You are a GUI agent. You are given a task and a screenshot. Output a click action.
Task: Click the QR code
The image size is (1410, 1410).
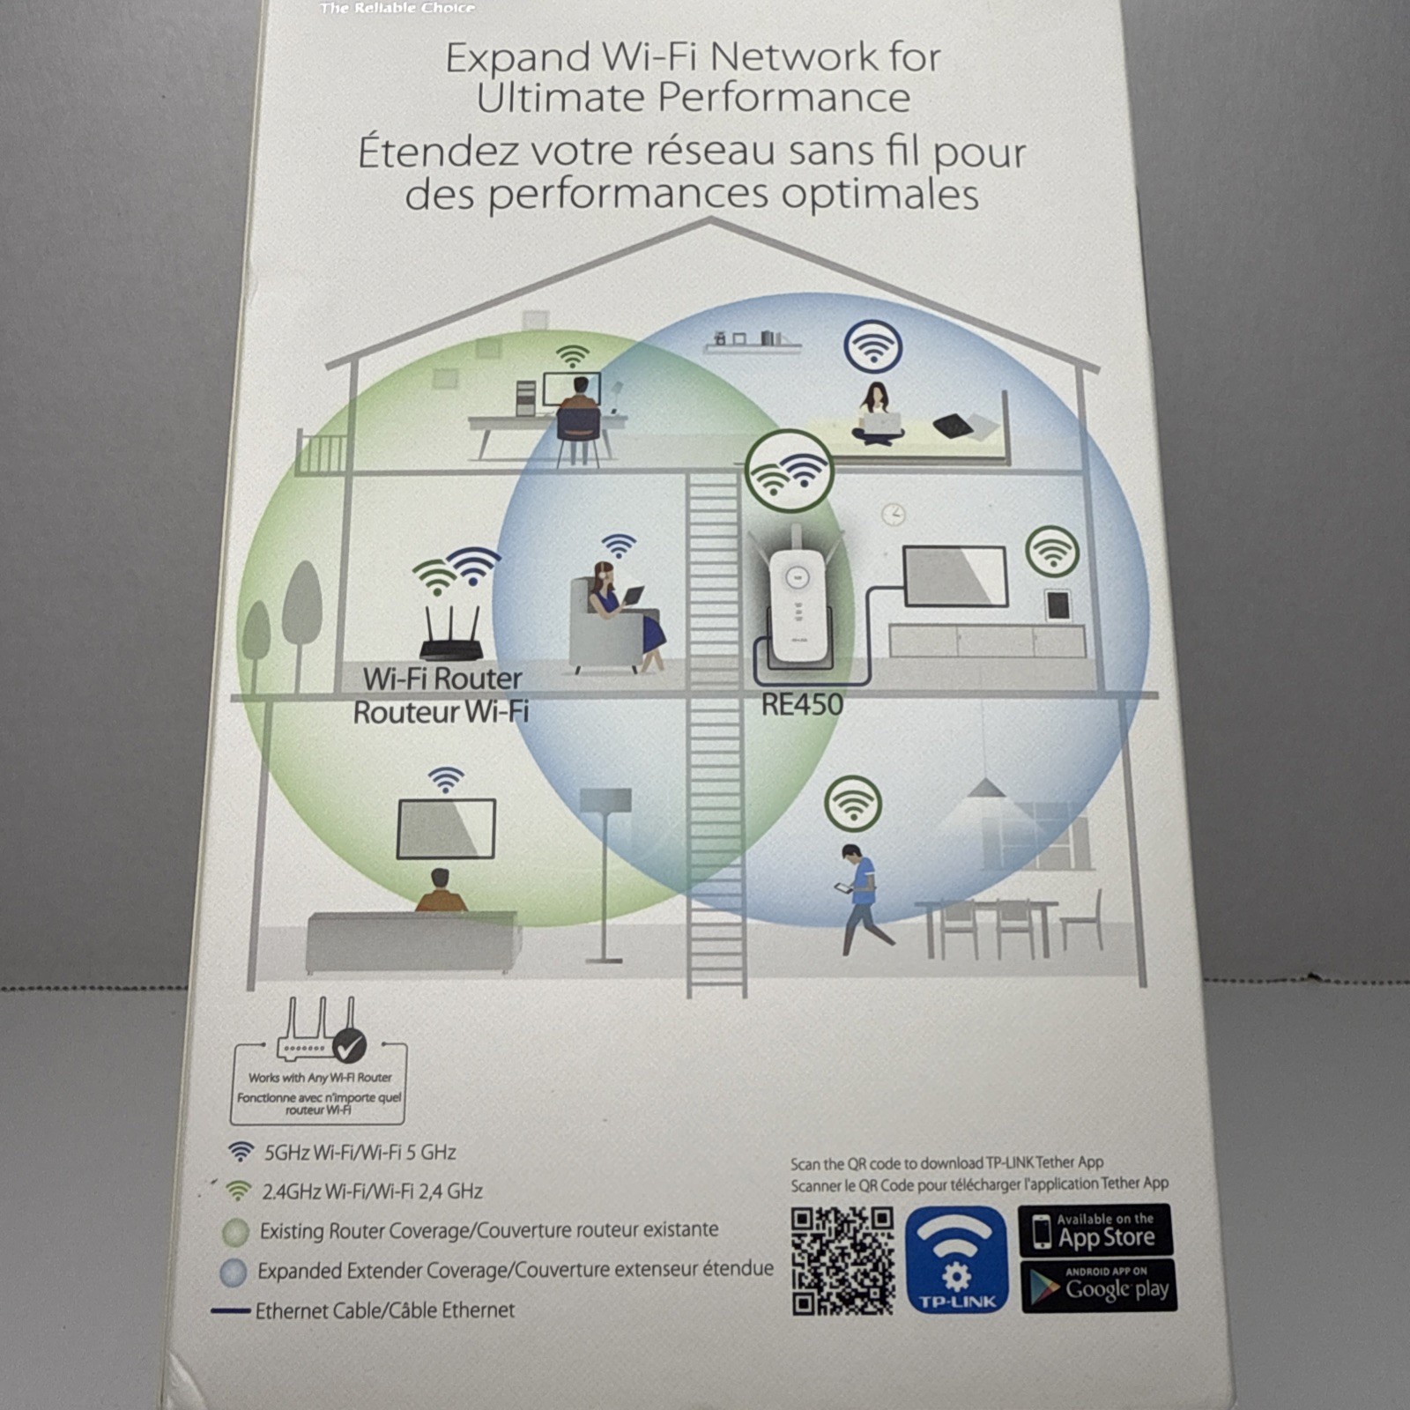tap(842, 1260)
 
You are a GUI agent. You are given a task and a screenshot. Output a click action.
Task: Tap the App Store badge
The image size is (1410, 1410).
tap(1095, 1230)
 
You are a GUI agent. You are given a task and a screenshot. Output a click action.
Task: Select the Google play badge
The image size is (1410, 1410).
tap(1098, 1287)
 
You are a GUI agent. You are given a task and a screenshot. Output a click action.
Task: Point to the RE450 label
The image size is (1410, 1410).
tap(802, 704)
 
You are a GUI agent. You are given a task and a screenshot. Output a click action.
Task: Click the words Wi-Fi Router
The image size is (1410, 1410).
tap(442, 679)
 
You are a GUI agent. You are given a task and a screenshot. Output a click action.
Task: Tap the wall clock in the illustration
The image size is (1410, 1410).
tap(894, 514)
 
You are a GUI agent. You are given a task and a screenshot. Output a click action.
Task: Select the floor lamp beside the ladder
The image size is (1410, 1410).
tap(605, 872)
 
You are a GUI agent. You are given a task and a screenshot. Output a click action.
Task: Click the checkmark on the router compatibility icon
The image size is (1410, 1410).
tap(350, 1046)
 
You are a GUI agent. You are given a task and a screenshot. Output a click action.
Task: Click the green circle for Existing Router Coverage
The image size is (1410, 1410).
tap(236, 1232)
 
